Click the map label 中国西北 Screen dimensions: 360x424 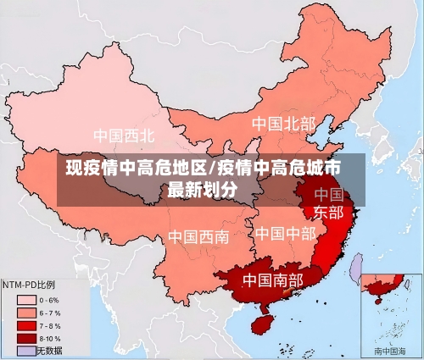pos(124,135)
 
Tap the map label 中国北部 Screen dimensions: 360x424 pos(282,124)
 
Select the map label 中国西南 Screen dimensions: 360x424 pos(198,236)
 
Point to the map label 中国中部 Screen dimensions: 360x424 pos(285,232)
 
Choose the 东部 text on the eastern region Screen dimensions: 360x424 pos(328,212)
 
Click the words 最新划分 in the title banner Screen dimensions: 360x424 pos(203,189)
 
